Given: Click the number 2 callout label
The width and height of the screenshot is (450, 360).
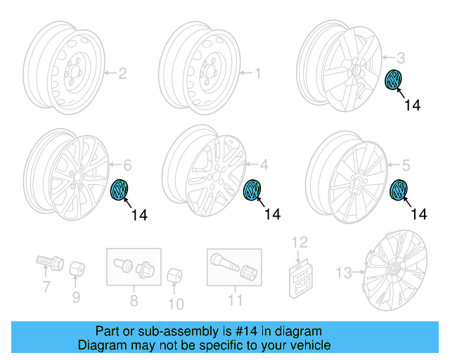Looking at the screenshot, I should coord(122,72).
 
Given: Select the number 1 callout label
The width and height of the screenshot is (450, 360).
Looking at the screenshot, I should coord(257,72).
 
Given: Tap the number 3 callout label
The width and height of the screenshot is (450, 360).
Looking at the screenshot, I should coord(401,57).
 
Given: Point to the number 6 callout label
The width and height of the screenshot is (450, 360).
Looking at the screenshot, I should coord(127,165).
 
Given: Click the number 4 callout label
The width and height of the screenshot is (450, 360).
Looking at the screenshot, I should coord(264,166).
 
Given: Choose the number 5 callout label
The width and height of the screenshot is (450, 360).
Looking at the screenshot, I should coord(405,165).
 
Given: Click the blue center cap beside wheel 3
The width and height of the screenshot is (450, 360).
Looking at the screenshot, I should coord(395,79).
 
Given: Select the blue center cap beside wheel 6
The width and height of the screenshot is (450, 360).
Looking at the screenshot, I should coord(121,190).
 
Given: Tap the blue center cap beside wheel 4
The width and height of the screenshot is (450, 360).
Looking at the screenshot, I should coord(251,191).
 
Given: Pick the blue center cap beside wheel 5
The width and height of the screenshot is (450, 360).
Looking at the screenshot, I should coord(399,191).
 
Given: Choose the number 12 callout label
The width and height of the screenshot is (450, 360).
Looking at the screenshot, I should coord(300,243).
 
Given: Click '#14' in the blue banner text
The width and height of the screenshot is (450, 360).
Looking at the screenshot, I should coord(250,331).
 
